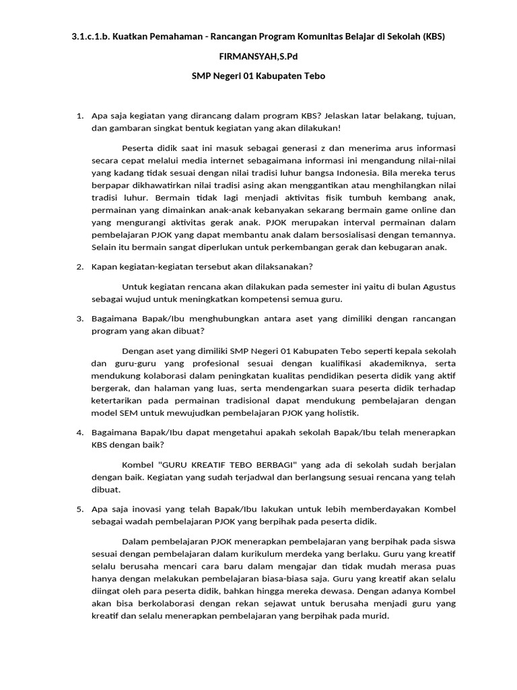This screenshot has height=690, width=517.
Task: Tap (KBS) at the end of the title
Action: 434,35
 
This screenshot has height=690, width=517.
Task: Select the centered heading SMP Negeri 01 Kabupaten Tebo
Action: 258,76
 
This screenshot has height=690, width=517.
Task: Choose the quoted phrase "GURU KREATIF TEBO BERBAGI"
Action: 216,464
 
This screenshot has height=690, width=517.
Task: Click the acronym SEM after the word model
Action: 126,413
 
